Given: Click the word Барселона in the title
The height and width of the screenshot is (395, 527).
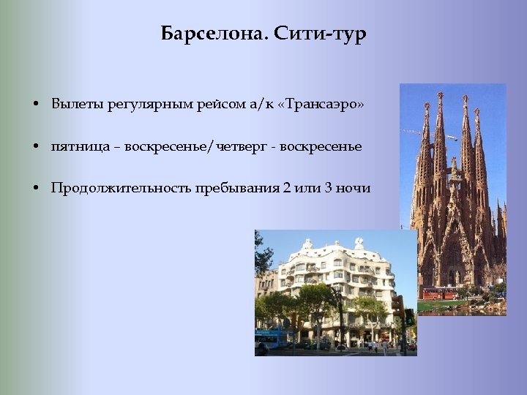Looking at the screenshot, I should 207,34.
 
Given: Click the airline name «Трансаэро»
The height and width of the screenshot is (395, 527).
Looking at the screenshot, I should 323,105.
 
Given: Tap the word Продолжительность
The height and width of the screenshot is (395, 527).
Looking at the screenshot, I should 119,188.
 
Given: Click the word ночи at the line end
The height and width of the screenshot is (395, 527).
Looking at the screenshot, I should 354,188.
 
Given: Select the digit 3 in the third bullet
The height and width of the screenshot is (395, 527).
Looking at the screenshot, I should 329,188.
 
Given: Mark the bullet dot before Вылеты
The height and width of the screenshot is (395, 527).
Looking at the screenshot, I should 36,105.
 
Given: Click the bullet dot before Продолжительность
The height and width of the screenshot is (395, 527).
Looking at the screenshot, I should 36,189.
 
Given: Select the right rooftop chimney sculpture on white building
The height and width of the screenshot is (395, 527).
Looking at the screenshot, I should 359,243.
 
